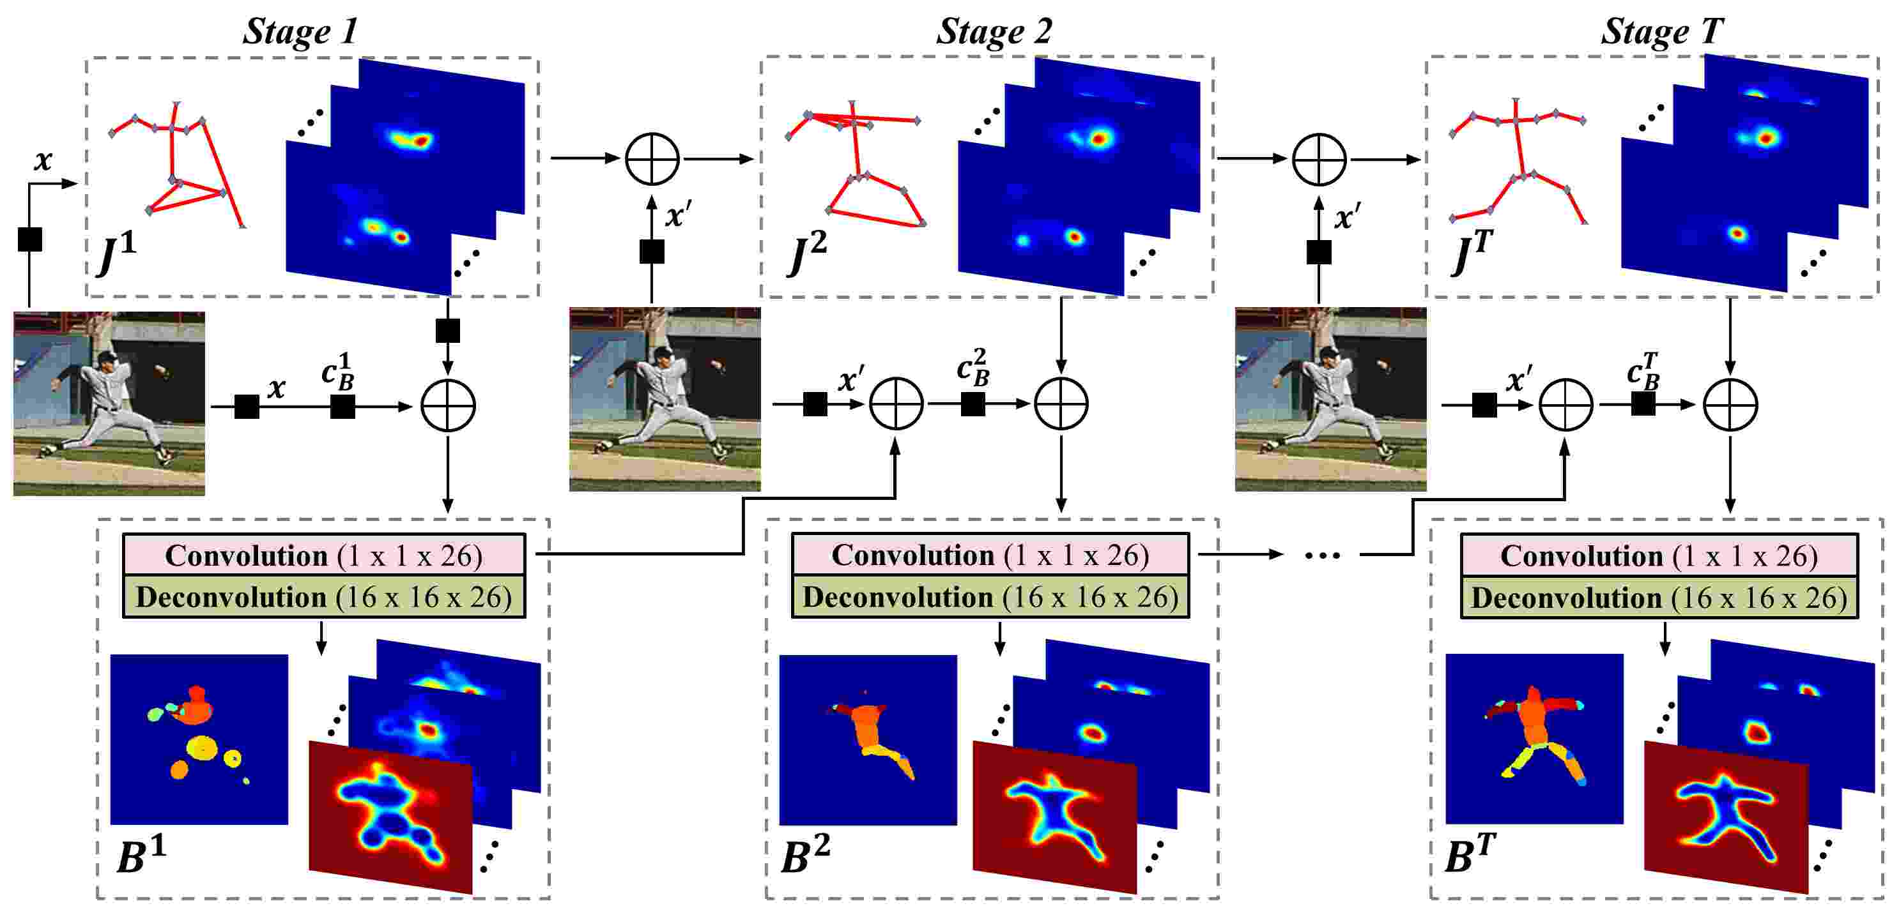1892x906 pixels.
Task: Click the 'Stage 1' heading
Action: (300, 31)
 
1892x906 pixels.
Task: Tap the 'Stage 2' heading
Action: (993, 31)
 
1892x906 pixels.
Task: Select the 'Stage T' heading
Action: (1661, 31)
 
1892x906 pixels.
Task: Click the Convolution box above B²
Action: (990, 555)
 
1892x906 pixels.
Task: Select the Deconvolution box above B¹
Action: (324, 597)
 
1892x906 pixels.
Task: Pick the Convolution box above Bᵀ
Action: (1658, 555)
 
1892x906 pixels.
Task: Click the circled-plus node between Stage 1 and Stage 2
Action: (652, 158)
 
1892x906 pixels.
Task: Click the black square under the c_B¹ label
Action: (343, 406)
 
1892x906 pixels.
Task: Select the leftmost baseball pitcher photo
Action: (109, 403)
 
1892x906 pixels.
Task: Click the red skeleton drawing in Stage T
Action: (1518, 162)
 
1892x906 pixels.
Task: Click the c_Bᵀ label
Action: (1642, 372)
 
